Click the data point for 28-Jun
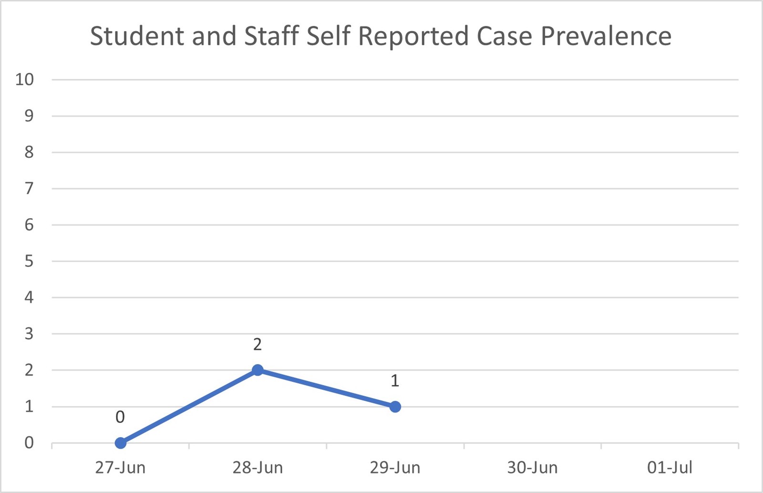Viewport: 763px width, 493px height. point(258,370)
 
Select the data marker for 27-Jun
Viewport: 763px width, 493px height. point(121,443)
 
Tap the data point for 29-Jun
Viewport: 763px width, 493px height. point(395,407)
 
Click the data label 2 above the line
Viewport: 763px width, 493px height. point(258,344)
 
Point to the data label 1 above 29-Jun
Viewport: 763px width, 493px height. point(395,381)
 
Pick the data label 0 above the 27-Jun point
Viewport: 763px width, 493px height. point(120,417)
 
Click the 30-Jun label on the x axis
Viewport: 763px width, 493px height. point(532,468)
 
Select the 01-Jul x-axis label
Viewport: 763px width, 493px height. point(670,468)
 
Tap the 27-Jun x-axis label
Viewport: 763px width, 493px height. point(120,468)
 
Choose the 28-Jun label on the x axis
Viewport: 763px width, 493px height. point(258,468)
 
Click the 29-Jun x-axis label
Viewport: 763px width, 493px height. point(395,468)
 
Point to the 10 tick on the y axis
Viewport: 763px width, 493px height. point(25,79)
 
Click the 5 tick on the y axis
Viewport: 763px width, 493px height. point(29,261)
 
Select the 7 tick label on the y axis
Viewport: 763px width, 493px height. point(29,189)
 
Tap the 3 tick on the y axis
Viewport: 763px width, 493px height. point(29,334)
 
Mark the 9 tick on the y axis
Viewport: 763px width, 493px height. point(29,115)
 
